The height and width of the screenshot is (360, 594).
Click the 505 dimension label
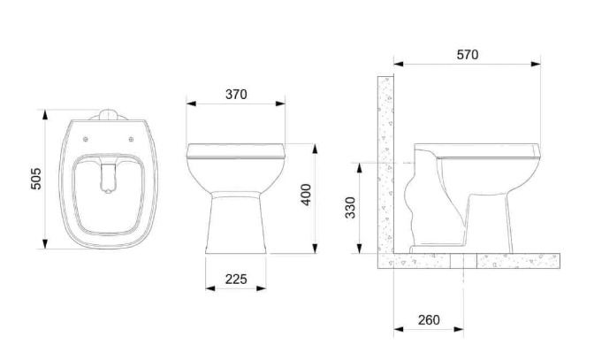[36, 179]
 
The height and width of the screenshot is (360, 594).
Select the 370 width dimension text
[236, 95]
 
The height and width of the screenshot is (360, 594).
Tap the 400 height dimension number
[306, 195]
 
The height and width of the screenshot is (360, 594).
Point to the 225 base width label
[236, 280]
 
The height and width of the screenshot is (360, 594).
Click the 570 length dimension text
[468, 55]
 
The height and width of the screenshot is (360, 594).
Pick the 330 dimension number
[351, 208]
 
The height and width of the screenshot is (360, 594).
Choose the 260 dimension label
[429, 320]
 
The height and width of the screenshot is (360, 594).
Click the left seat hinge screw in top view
[86, 140]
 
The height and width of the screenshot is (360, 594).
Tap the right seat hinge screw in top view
[131, 140]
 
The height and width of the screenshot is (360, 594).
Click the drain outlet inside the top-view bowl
[109, 178]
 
